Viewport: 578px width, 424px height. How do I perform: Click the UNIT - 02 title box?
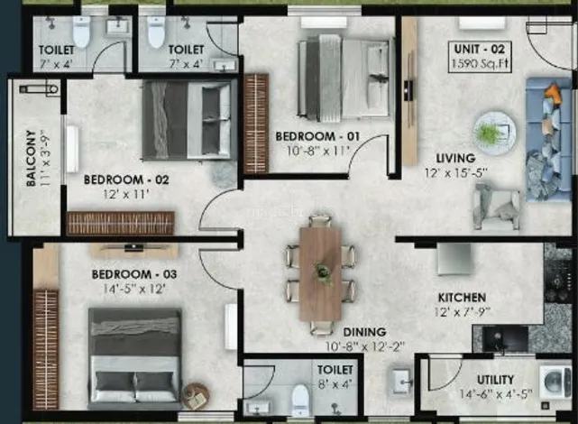480,57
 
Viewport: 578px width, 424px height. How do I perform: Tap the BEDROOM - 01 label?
317,136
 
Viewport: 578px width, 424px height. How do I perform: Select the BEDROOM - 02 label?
126,180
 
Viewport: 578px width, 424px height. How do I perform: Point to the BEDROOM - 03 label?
134,274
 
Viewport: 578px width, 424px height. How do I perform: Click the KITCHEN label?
462,297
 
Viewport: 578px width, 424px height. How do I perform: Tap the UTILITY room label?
495,380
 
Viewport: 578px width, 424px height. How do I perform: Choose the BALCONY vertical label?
32,158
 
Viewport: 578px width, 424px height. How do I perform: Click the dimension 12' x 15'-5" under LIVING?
456,173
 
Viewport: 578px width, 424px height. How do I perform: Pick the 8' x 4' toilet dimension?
335,384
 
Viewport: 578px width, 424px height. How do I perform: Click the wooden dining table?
320,274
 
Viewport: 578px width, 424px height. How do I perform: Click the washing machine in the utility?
555,382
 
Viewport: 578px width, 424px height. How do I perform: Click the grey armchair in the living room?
497,207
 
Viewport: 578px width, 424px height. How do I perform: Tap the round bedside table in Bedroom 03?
196,396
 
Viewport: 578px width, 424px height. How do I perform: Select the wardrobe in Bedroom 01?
256,124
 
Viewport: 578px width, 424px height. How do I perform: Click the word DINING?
364,332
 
